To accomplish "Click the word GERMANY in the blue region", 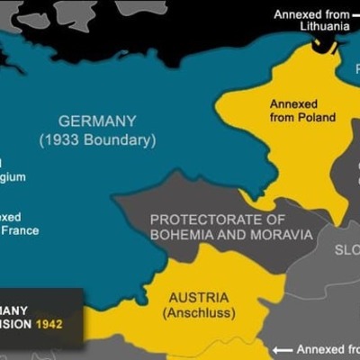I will coord(97,121).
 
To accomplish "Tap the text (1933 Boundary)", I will coord(97,140).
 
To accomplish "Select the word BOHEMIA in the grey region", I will coord(182,235).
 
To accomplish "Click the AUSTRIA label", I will coord(198,297).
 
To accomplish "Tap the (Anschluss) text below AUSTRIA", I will coord(199,313).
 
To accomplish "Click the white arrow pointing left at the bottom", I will coord(283,350).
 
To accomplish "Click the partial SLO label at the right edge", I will coord(346,250).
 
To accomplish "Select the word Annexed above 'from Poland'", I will coord(293,104).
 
